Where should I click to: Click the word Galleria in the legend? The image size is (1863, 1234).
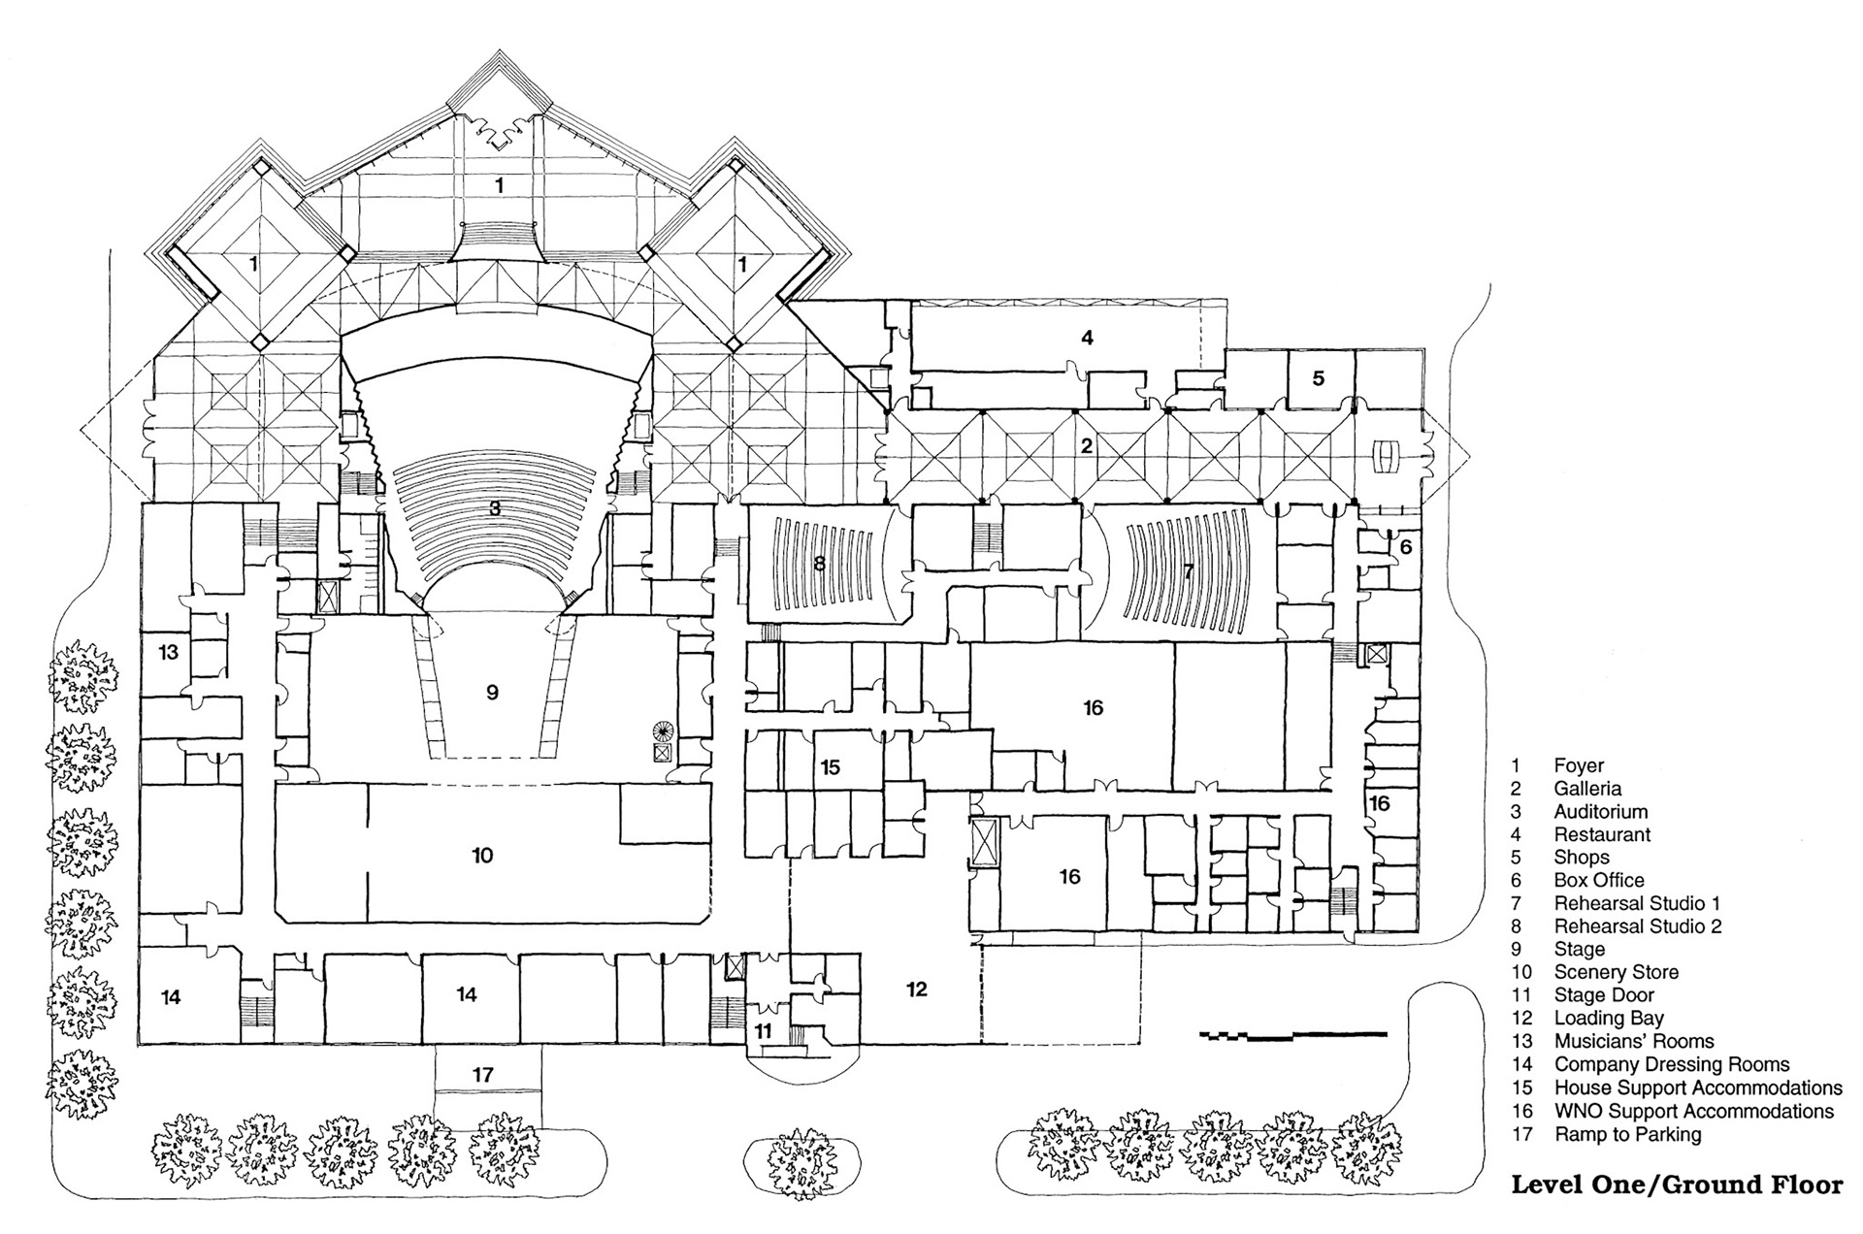coord(1587,789)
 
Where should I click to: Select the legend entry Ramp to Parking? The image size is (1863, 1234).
coord(1627,1134)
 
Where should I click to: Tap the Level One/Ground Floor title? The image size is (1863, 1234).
coord(1677,1185)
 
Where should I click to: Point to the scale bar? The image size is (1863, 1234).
coord(1293,1035)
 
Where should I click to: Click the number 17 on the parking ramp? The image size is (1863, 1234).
coord(483,1074)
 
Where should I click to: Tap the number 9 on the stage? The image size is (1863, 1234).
coord(492,692)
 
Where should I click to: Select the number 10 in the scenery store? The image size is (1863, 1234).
coord(482,855)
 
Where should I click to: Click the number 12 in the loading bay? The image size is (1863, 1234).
coord(917,989)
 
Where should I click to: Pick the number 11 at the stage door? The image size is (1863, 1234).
coord(764,1030)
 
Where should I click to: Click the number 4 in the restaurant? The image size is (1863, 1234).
coord(1088,338)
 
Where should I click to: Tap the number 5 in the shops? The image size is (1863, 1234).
coord(1319,377)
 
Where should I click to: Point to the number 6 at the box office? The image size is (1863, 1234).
coord(1406,547)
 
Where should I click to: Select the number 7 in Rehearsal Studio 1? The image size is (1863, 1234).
coord(1189,571)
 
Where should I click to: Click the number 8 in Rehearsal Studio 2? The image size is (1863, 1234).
coord(820,563)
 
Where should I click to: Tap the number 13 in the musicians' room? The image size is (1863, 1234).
coord(169,651)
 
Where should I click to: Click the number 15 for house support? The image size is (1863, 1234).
coord(830,767)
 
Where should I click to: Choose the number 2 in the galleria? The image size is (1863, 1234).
coord(1087,445)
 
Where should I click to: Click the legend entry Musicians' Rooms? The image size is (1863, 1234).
coord(1634,1041)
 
